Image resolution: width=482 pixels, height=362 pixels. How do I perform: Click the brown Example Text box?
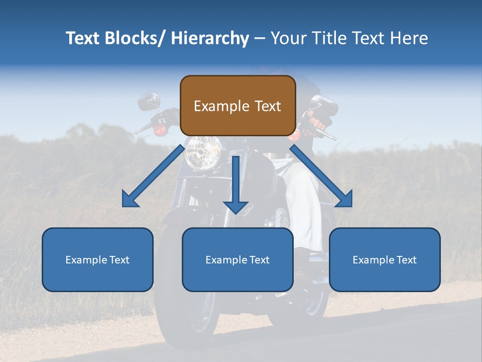tap(237, 106)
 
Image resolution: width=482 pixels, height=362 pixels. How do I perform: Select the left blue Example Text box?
tap(97, 259)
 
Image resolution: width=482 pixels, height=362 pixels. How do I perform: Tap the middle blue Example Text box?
tap(237, 259)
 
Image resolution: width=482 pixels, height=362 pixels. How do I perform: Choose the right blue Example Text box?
tap(385, 259)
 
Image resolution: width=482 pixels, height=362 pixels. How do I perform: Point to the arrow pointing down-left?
tap(153, 176)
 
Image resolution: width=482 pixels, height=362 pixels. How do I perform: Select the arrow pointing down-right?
tap(322, 176)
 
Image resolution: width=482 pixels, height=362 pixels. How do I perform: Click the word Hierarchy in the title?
tap(210, 38)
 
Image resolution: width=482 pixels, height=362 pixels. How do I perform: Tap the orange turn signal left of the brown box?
tap(160, 130)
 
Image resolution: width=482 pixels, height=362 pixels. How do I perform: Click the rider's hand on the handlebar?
tap(317, 121)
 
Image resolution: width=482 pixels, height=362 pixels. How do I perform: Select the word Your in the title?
tap(286, 38)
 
